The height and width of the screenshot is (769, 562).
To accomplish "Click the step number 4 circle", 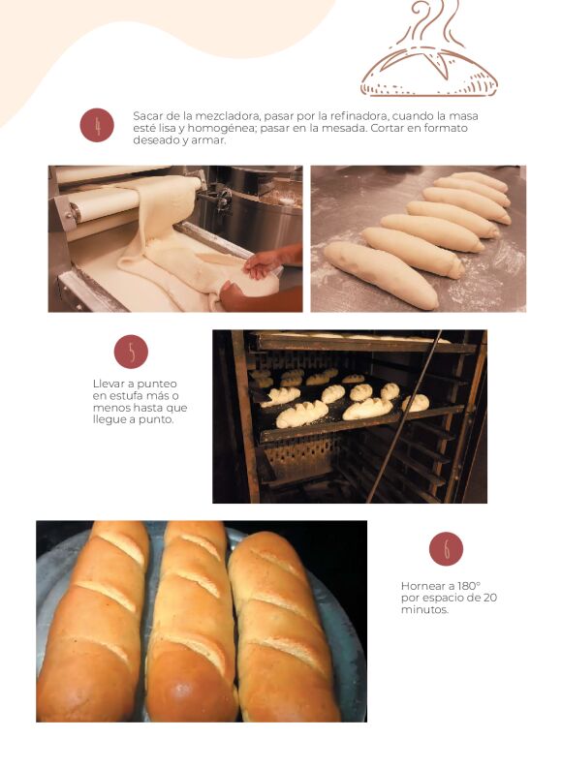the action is (x=97, y=125).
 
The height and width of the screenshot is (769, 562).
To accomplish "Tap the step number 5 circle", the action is (x=131, y=352).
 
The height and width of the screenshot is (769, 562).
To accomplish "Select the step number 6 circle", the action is (x=446, y=549).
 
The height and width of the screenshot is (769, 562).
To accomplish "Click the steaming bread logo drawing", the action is (x=429, y=48).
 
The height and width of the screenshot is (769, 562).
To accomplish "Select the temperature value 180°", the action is (x=469, y=586).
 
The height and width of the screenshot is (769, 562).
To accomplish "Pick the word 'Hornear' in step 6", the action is (x=421, y=586).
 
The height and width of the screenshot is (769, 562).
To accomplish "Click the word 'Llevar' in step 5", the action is (x=108, y=384).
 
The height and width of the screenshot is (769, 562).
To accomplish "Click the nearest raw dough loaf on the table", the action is (x=381, y=275).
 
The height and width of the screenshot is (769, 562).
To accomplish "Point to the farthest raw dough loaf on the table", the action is (x=479, y=181).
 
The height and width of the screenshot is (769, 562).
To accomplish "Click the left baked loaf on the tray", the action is (x=92, y=623).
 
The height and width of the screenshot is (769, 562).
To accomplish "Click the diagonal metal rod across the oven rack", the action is (x=404, y=415).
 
